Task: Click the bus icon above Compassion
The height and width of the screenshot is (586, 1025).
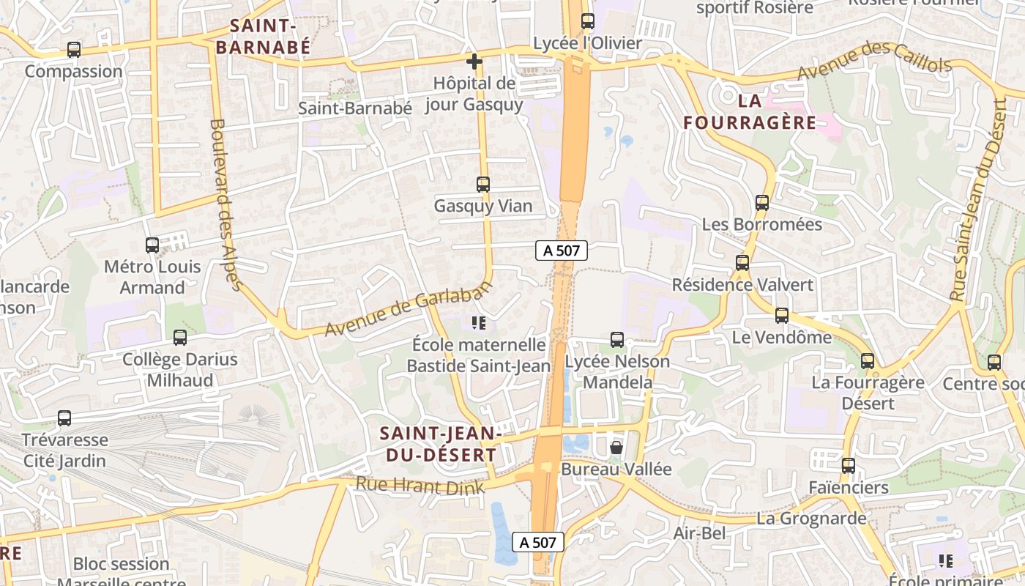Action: (x=73, y=50)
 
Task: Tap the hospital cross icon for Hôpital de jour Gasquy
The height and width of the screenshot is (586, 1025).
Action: (x=474, y=62)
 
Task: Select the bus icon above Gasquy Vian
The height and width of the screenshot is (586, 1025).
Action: (x=482, y=184)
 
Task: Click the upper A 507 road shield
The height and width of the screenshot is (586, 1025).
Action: (x=562, y=251)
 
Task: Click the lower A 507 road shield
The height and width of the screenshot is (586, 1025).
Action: (x=537, y=542)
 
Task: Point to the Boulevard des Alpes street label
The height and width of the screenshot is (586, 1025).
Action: (x=225, y=205)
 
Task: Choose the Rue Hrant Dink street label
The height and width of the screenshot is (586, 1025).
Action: (x=420, y=486)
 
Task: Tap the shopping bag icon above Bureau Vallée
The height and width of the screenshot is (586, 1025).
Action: (x=616, y=447)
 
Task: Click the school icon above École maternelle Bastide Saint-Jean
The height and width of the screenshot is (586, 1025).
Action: (x=479, y=322)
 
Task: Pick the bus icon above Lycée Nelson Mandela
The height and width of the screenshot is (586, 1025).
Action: (x=617, y=340)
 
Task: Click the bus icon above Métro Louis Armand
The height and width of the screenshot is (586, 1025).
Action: (x=152, y=245)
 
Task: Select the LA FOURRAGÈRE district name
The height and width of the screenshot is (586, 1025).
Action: (x=749, y=111)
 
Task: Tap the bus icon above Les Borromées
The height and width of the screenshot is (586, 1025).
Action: (x=762, y=202)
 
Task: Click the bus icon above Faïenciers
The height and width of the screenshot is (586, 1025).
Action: (x=848, y=465)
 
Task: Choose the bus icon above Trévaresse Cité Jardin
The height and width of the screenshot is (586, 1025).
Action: (x=64, y=418)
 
